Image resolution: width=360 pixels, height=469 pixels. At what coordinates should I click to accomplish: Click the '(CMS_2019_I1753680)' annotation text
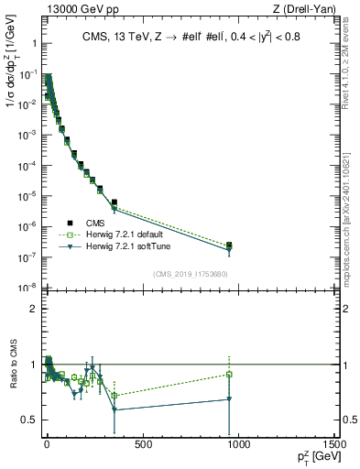(191, 274)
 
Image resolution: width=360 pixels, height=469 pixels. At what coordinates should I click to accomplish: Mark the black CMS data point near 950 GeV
(229, 245)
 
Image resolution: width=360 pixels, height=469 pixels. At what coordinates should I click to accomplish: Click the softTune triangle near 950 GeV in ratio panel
(229, 398)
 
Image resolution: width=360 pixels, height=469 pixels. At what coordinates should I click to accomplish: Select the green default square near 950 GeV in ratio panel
(229, 374)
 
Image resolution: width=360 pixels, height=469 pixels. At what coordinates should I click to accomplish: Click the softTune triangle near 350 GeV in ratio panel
(114, 409)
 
